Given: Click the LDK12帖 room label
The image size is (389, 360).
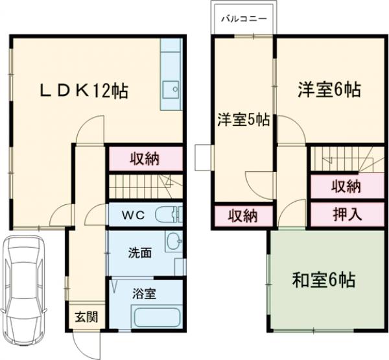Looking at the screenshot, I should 84,91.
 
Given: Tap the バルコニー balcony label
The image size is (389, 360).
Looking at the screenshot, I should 243,19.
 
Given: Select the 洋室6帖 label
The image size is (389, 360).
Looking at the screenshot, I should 329,90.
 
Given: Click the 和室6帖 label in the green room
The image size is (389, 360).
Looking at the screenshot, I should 323,281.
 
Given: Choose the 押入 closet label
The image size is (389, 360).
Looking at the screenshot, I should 347,213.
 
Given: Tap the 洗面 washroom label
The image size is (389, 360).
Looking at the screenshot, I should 139,252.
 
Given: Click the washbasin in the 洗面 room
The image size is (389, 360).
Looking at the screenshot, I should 173,242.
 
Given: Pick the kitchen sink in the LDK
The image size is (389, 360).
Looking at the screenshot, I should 172,90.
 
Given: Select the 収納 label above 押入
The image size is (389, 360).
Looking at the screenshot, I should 346,187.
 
